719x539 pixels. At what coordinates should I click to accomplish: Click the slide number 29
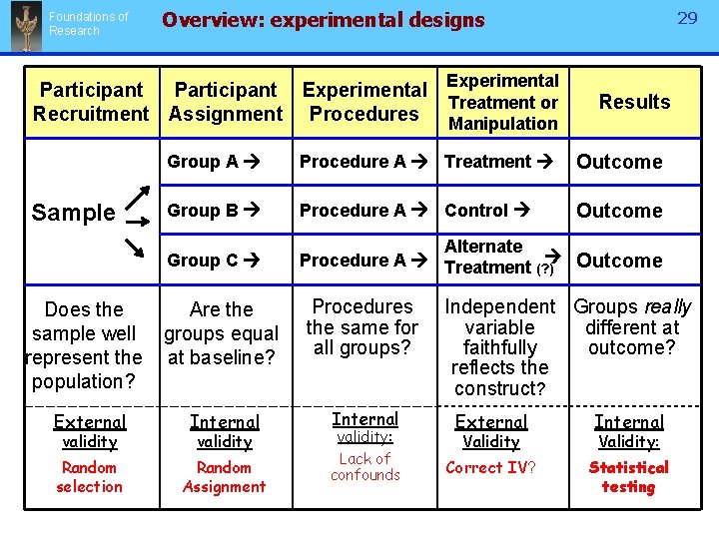[x=687, y=19]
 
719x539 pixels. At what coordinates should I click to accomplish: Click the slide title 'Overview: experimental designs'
[x=323, y=20]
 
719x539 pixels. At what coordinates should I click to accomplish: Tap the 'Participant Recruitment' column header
[x=91, y=102]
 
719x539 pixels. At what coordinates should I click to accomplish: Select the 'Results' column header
[x=634, y=102]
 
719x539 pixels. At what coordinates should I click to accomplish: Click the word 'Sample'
[x=73, y=213]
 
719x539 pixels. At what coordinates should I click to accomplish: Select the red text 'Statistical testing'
[x=628, y=477]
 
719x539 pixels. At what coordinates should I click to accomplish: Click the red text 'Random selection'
[x=89, y=477]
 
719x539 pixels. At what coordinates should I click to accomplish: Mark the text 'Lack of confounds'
[x=364, y=467]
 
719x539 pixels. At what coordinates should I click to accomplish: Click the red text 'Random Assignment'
[x=224, y=477]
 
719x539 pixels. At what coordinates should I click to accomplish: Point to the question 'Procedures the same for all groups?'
[x=362, y=326]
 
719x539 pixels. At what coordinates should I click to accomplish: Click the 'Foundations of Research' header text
[x=88, y=24]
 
